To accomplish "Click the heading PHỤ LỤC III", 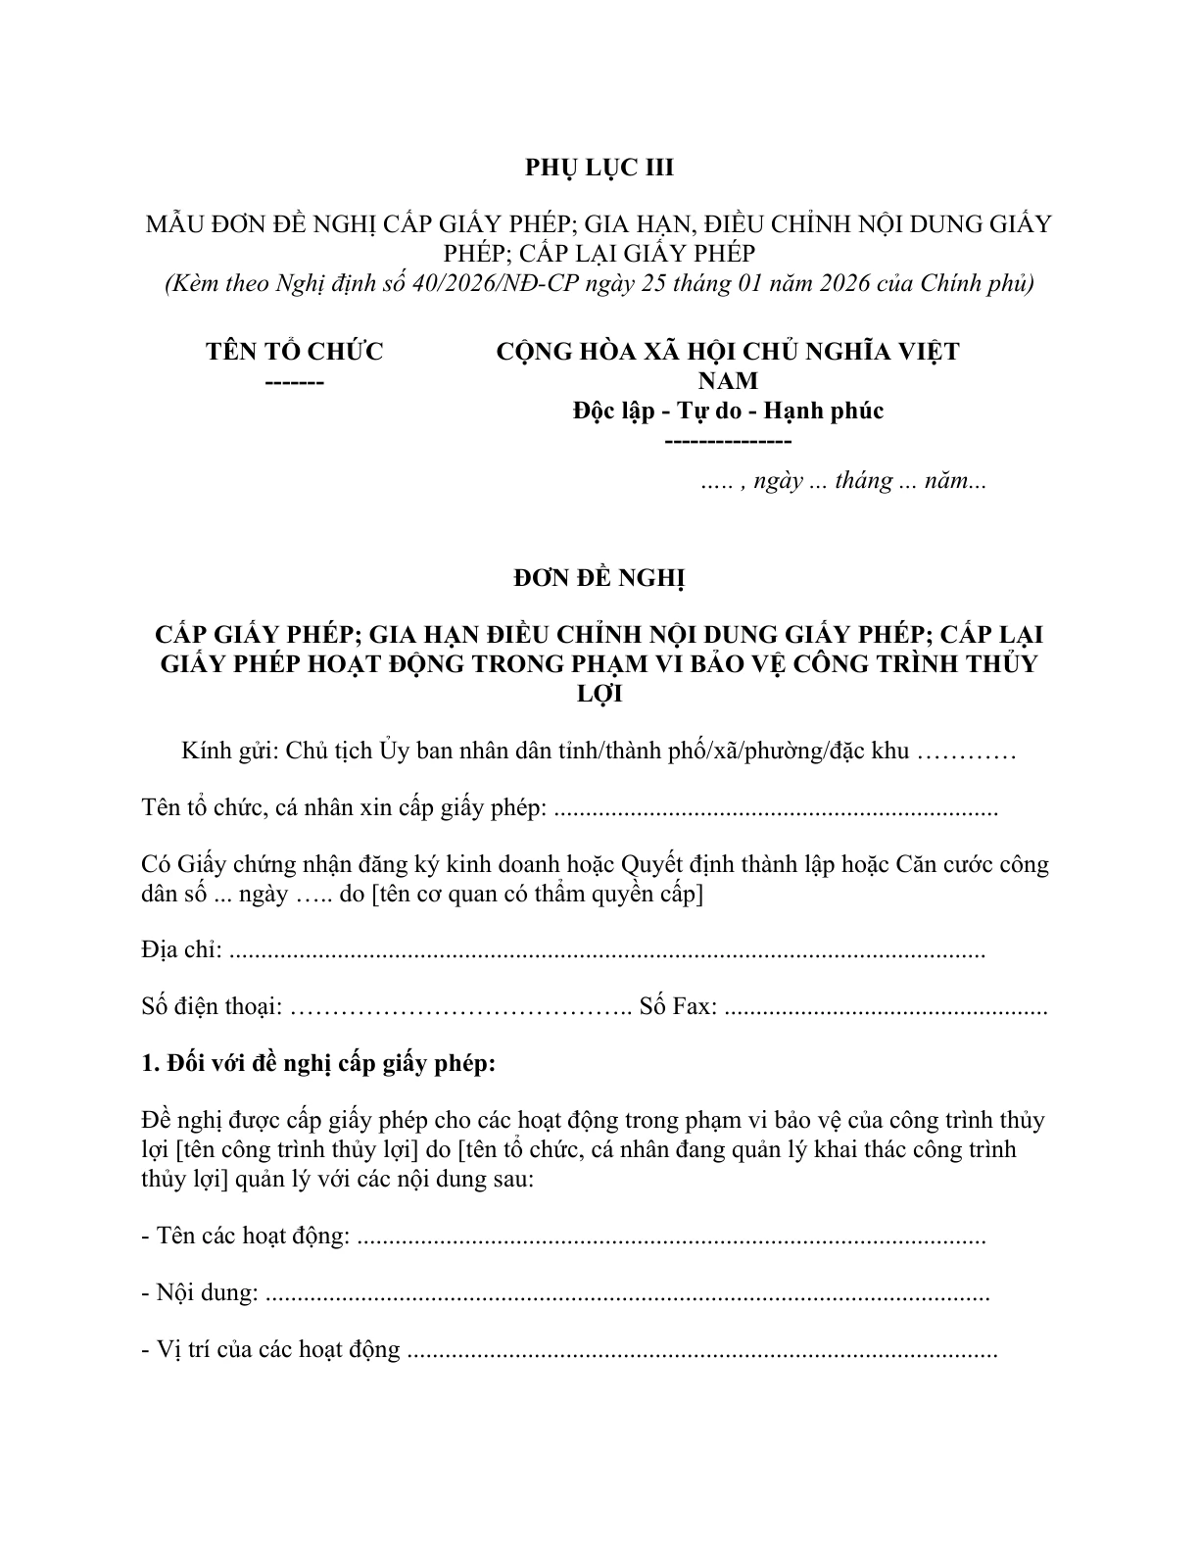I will pos(599,168).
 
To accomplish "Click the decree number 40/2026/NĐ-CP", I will pos(521,283).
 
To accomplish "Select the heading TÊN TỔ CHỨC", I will pos(295,351).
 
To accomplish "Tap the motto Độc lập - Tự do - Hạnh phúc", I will pos(728,410).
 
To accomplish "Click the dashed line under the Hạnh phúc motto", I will pos(728,440).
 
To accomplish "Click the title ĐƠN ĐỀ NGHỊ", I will pos(599,578).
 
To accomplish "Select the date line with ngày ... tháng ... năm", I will pos(843,481).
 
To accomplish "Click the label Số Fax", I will pos(678,1006).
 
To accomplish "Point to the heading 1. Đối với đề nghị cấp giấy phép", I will pos(318,1063).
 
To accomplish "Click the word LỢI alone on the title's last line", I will pos(599,694).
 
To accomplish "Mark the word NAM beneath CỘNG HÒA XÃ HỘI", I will pos(728,380).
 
